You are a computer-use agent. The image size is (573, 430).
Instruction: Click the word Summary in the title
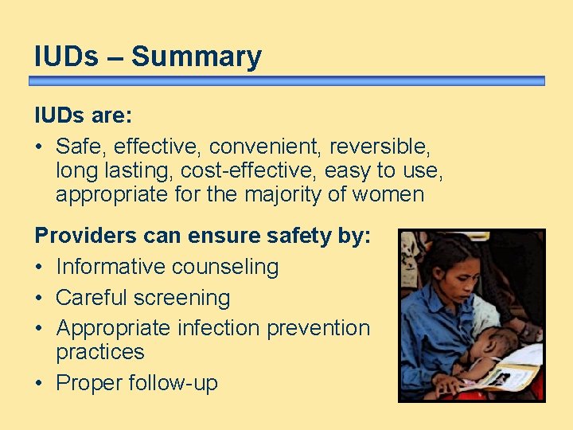(197, 57)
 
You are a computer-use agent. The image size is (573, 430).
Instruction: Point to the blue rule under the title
(286, 80)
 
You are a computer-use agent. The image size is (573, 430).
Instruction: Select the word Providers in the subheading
(85, 236)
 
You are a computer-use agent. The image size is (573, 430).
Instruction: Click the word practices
(99, 351)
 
